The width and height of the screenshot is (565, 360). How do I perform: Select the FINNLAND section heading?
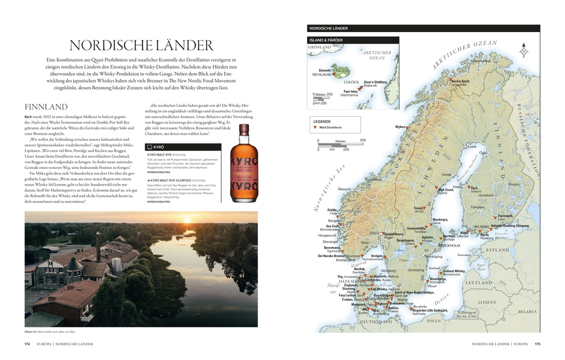pyautogui.click(x=47, y=106)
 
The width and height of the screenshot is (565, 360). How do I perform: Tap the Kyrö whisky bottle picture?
pyautogui.click(x=244, y=163)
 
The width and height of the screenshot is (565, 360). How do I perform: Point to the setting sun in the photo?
pyautogui.click(x=187, y=220)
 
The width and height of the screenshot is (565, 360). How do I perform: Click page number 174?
pyautogui.click(x=27, y=344)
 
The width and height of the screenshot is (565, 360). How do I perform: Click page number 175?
pyautogui.click(x=537, y=344)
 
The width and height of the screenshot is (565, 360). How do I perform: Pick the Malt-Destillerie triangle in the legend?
pyautogui.click(x=315, y=127)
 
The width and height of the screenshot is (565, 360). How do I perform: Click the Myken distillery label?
pyautogui.click(x=400, y=127)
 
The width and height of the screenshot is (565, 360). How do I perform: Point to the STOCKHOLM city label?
pyautogui.click(x=449, y=245)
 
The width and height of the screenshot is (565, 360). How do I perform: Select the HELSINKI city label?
pyautogui.click(x=481, y=226)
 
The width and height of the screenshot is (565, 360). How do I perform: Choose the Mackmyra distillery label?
pyautogui.click(x=440, y=219)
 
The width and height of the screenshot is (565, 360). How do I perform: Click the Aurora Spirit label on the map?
pyautogui.click(x=460, y=81)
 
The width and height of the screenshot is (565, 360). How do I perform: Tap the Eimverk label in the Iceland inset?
pyautogui.click(x=325, y=70)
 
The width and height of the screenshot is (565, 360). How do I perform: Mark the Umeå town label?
pyautogui.click(x=445, y=174)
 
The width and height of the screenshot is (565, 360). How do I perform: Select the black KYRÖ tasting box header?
pyautogui.click(x=183, y=147)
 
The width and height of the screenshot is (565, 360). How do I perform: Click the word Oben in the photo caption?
pyautogui.click(x=28, y=332)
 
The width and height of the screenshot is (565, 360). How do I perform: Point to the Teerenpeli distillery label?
pyautogui.click(x=505, y=216)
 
